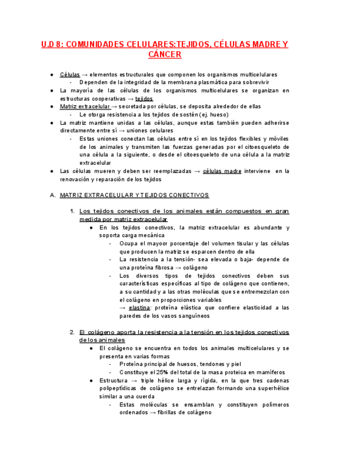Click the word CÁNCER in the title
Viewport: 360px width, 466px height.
pos(165,55)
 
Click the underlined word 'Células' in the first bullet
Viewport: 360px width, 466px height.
pos(69,75)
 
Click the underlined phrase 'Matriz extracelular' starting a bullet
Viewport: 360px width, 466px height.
pos(85,107)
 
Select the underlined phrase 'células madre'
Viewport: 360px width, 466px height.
pos(222,171)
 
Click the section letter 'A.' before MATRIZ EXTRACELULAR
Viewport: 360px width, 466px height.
pos(52,195)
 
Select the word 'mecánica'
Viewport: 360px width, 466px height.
pos(149,235)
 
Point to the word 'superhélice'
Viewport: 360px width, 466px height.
pos(270,389)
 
